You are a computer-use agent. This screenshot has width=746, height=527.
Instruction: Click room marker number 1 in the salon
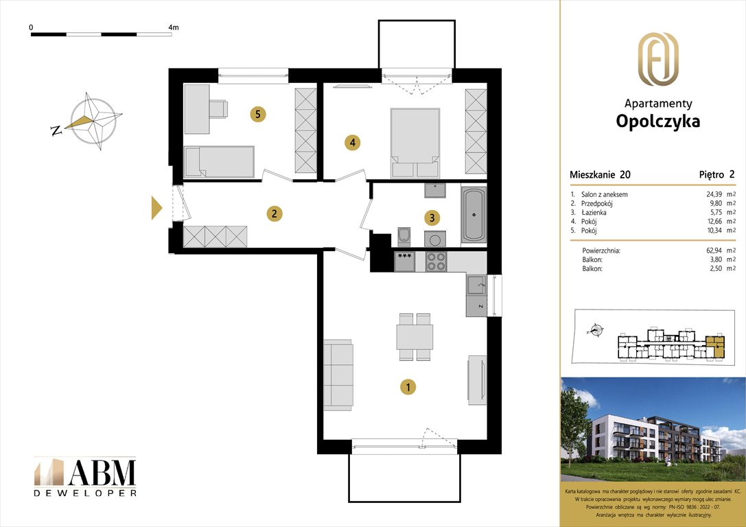pyautogui.click(x=408, y=388)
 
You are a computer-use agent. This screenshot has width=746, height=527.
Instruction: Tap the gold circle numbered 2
pyautogui.click(x=274, y=213)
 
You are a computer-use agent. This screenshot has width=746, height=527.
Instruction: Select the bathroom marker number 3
pyautogui.click(x=432, y=218)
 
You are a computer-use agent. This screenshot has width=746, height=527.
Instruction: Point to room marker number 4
pyautogui.click(x=352, y=143)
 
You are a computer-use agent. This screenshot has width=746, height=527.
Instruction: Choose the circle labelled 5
pyautogui.click(x=257, y=114)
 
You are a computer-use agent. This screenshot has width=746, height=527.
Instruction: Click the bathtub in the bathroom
pyautogui.click(x=473, y=215)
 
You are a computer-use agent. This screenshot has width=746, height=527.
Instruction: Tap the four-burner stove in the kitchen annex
pyautogui.click(x=436, y=261)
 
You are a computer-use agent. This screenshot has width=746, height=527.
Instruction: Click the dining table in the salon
pyautogui.click(x=415, y=337)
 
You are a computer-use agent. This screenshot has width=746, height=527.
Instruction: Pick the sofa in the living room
pyautogui.click(x=338, y=374)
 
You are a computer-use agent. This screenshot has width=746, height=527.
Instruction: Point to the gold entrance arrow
pyautogui.click(x=156, y=208)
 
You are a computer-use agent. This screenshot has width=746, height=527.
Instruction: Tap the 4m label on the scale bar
pyautogui.click(x=173, y=27)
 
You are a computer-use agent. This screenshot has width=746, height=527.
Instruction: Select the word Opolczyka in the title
pyautogui.click(x=658, y=121)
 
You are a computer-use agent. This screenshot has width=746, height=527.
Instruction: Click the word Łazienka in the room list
pyautogui.click(x=594, y=213)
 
